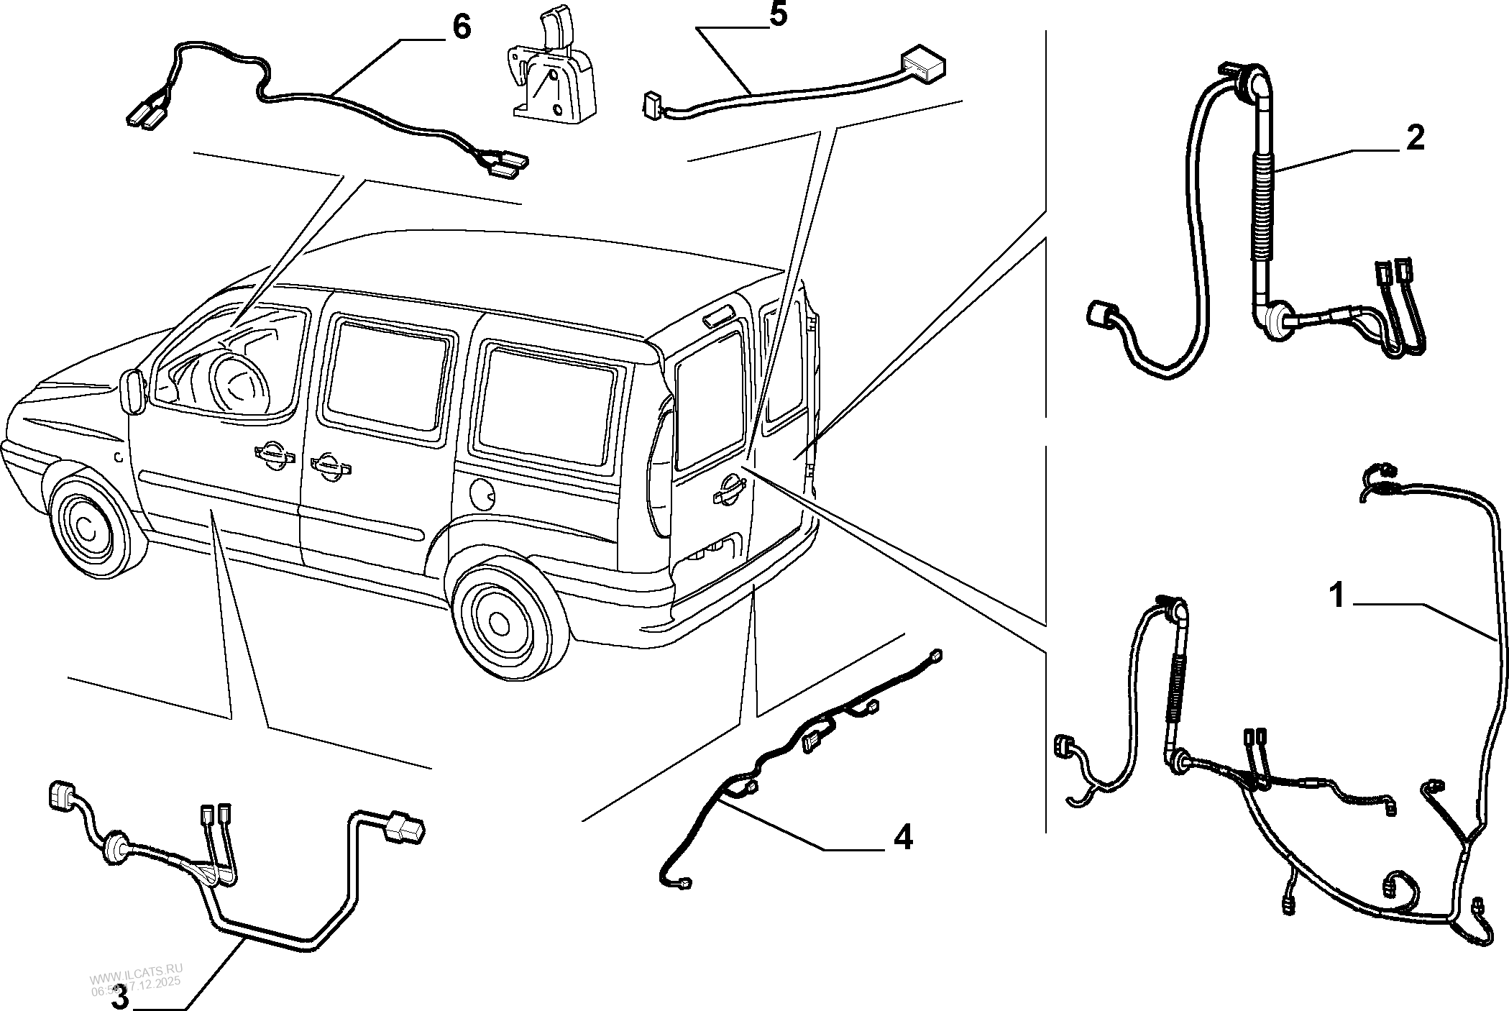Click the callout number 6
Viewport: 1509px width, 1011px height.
coord(461,27)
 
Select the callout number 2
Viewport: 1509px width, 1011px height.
coord(1414,138)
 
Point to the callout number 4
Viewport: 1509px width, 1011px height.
coord(902,838)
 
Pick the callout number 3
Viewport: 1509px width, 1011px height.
coord(120,997)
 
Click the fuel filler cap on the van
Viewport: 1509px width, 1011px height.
coord(480,493)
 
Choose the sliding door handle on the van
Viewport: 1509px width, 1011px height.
coord(330,466)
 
